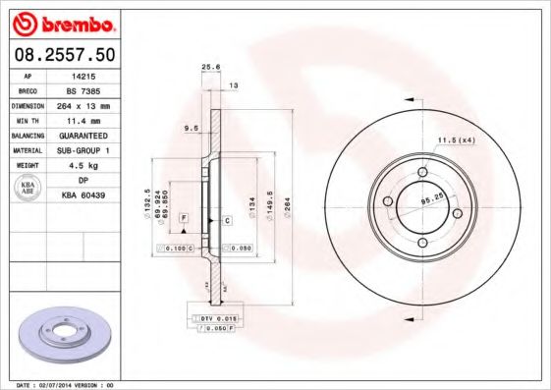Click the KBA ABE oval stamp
(28, 188)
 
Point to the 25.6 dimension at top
(208, 68)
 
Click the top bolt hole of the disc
(422, 174)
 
